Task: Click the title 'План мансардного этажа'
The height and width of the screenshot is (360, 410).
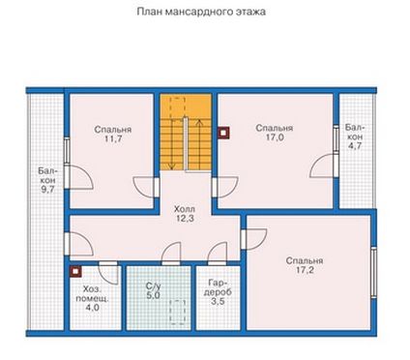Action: [x=201, y=12]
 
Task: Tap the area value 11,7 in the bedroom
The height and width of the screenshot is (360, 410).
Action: [x=113, y=139]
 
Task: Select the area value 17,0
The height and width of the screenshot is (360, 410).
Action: [x=275, y=137]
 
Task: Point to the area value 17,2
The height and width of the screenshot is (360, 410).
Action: [x=305, y=270]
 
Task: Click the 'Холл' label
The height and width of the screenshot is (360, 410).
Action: [x=185, y=209]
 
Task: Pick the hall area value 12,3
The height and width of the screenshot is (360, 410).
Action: [x=185, y=219]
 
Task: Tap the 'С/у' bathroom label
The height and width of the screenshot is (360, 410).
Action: [x=153, y=285]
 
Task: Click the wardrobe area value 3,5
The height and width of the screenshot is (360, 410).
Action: [x=218, y=302]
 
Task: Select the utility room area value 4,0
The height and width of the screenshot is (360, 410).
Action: [x=92, y=308]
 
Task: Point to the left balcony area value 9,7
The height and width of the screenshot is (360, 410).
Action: [x=47, y=190]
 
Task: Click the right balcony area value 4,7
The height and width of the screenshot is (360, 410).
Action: [x=355, y=146]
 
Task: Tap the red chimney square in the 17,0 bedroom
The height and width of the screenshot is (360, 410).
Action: [x=224, y=133]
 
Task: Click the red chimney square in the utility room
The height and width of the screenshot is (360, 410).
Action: [x=75, y=272]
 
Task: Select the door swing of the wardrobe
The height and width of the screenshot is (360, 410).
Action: [x=218, y=254]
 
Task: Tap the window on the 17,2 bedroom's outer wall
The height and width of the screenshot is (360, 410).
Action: [x=373, y=273]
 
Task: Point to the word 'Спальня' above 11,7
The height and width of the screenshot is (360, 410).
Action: [x=113, y=130]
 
